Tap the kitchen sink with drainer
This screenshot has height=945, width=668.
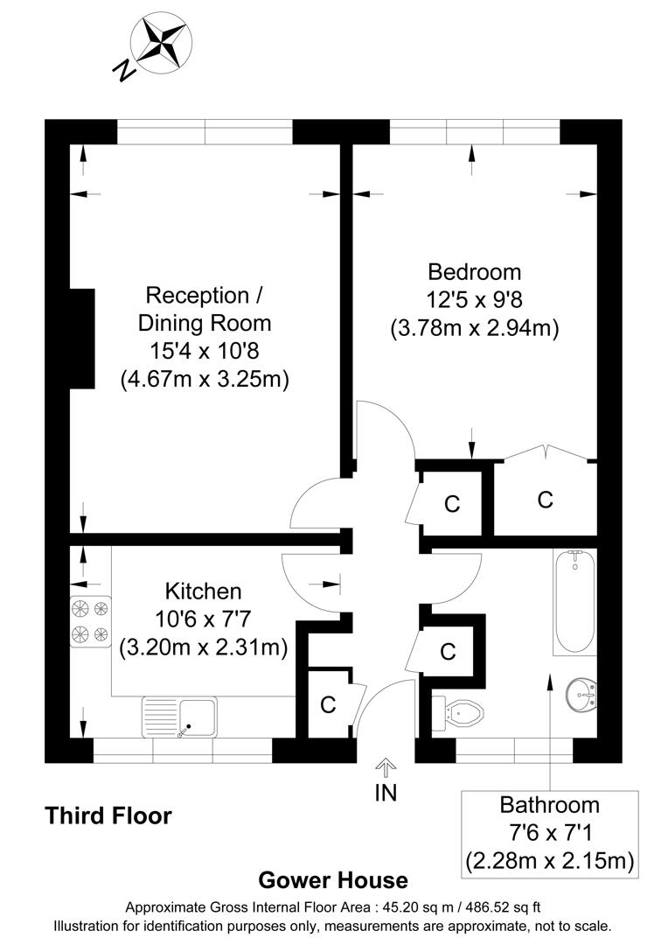178,717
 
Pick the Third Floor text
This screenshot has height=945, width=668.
108,816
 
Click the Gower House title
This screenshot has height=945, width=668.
333,880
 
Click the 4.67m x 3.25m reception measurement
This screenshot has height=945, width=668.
205,379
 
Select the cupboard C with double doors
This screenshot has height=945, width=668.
545,499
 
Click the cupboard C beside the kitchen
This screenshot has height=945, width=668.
329,704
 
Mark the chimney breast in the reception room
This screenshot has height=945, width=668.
82,338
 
